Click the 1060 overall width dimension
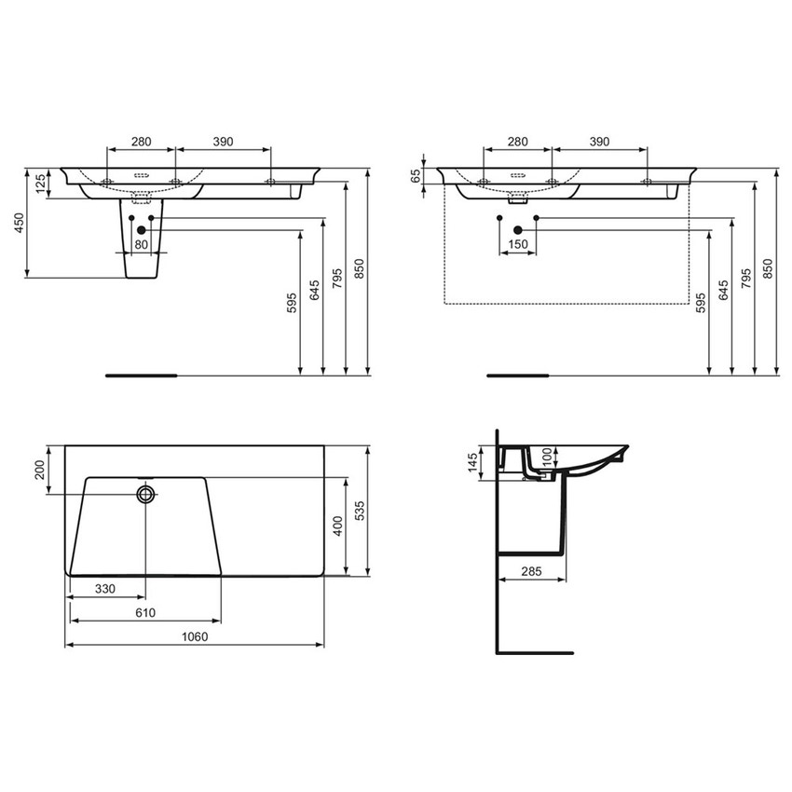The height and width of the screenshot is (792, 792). pyautogui.click(x=195, y=637)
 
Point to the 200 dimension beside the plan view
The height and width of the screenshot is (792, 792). pyautogui.click(x=40, y=469)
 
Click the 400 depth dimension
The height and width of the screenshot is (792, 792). pyautogui.click(x=339, y=526)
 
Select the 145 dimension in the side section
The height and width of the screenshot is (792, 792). pyautogui.click(x=473, y=461)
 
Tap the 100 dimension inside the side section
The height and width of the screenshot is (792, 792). pyautogui.click(x=548, y=458)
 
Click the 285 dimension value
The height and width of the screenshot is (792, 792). pyautogui.click(x=533, y=571)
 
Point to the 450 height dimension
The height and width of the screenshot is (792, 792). pyautogui.click(x=18, y=224)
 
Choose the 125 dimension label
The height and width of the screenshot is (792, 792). pyautogui.click(x=40, y=184)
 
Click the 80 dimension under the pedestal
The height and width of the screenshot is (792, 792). pyautogui.click(x=142, y=245)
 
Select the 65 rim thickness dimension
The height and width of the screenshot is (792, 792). pyautogui.click(x=415, y=174)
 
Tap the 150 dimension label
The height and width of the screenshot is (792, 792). pyautogui.click(x=517, y=245)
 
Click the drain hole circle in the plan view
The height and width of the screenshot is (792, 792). pyautogui.click(x=145, y=494)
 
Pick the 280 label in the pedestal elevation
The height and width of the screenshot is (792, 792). pyautogui.click(x=141, y=142)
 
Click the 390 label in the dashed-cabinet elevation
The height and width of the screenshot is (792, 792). pyautogui.click(x=599, y=142)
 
